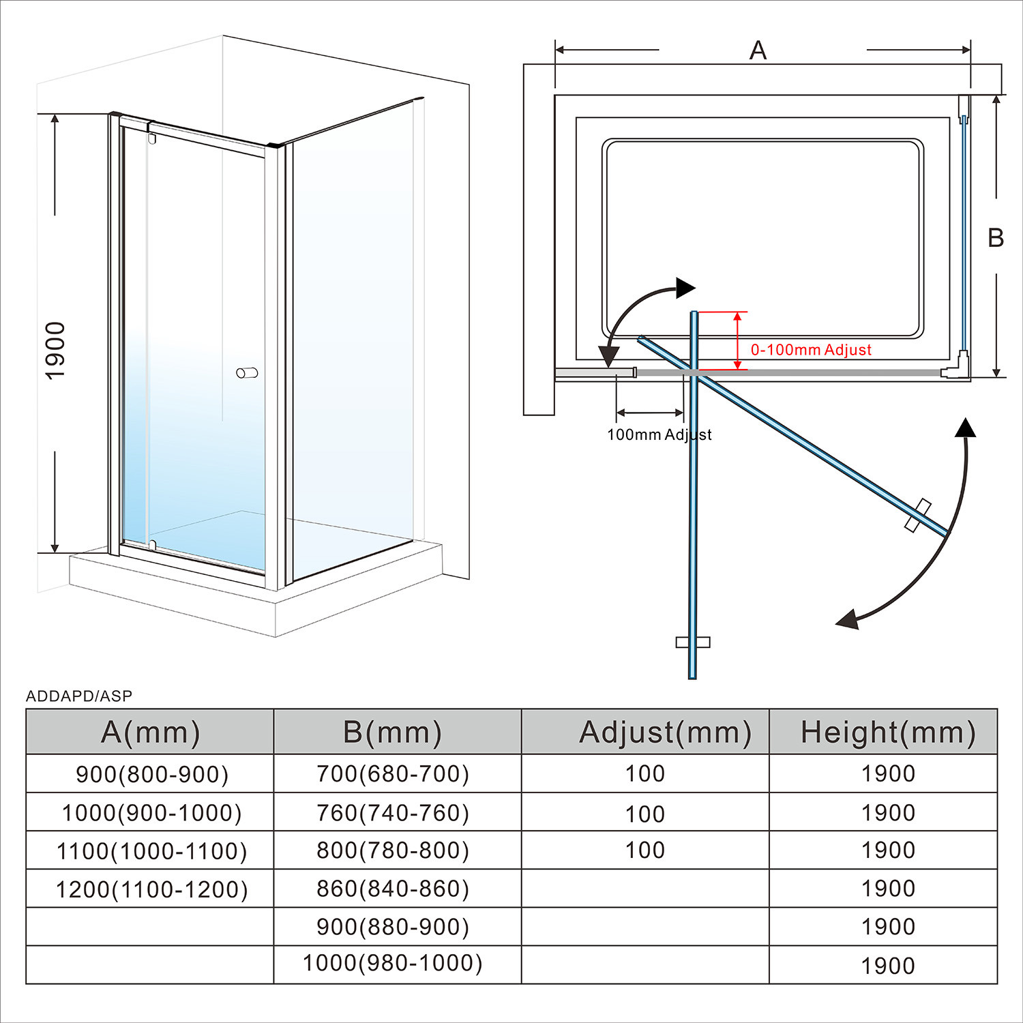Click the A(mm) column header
pos(150,732)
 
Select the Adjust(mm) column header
pos(665,732)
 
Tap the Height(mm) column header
pos(888,732)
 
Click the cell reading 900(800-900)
pos(151,774)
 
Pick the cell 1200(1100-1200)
pos(151,889)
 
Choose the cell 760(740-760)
pos(393,813)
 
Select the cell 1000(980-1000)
pos(393,963)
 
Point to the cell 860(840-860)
pos(393,889)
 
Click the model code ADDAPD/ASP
pos(79,696)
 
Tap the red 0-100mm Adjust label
pos(811,350)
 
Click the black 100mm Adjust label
pos(659,434)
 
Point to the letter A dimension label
pos(758,50)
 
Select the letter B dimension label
pos(996,237)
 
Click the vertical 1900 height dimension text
pos(55,351)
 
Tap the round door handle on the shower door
pos(247,373)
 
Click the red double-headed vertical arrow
pos(737,341)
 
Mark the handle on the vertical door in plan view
pos(693,642)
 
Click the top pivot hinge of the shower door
pos(151,138)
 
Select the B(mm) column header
pos(393,732)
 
